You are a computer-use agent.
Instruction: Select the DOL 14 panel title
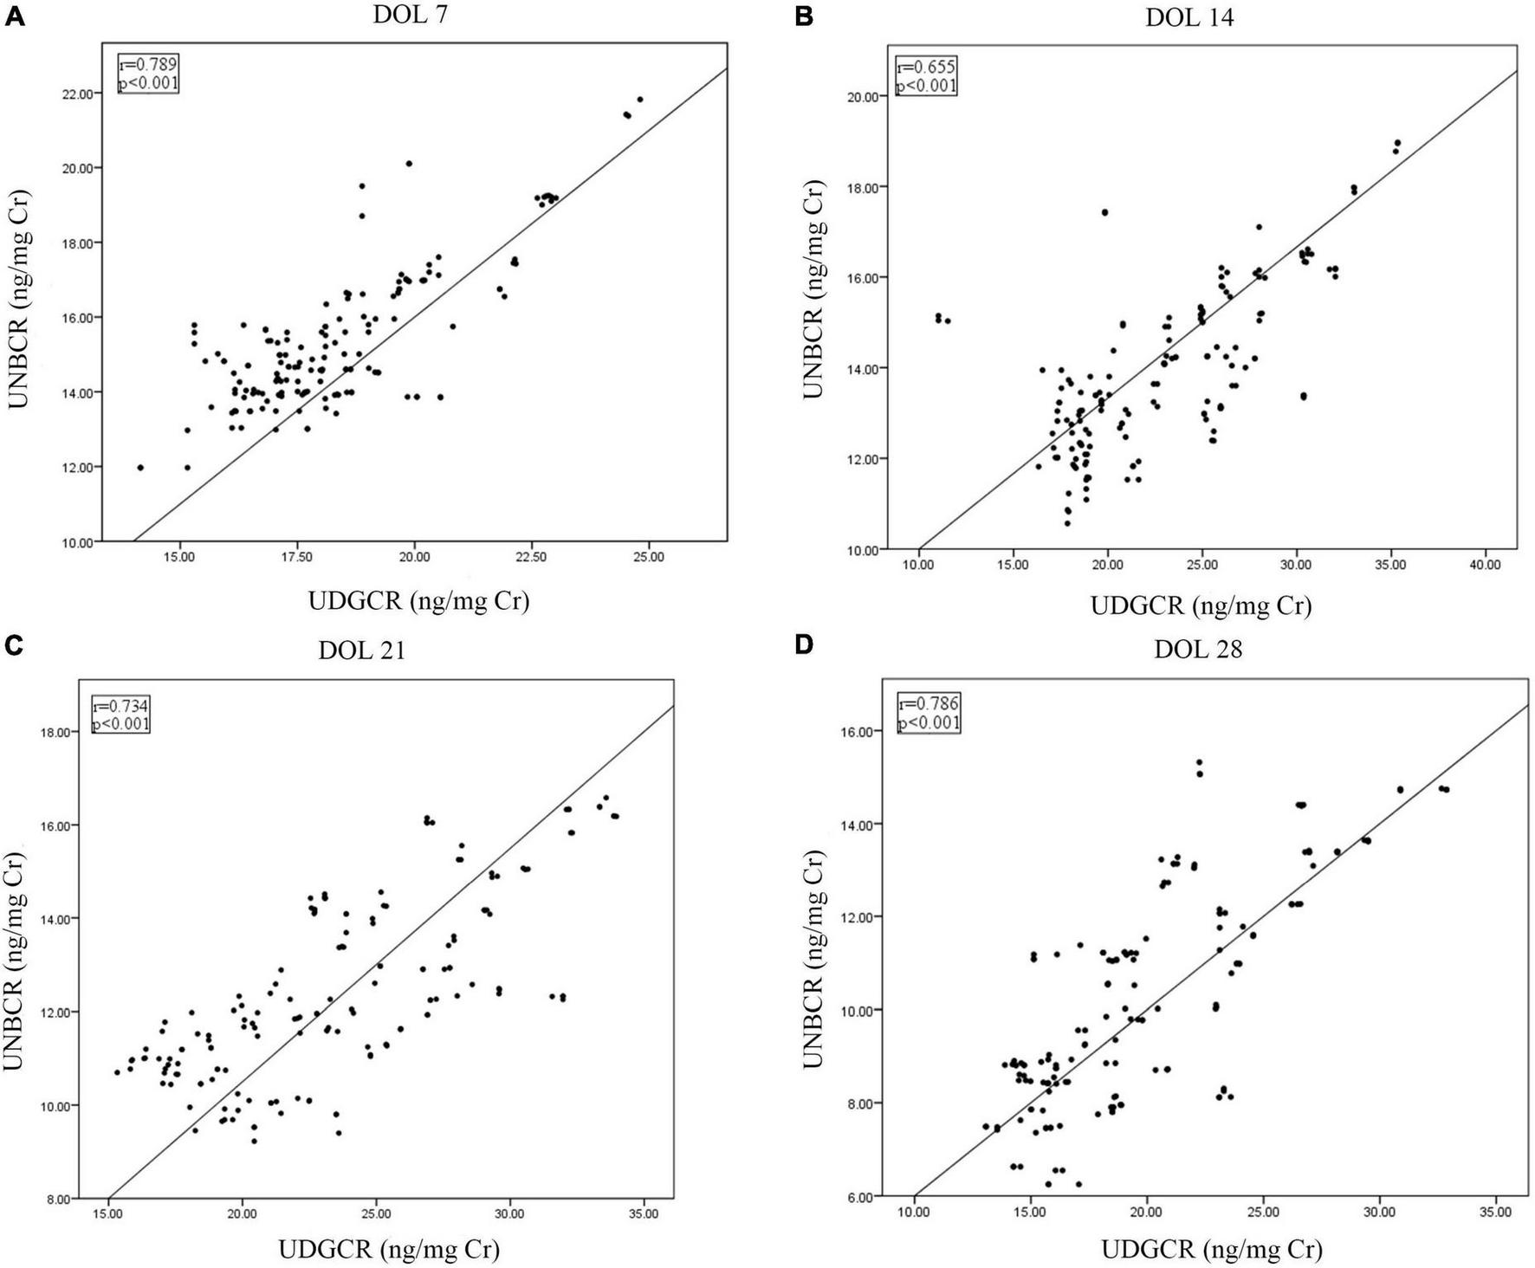tap(1189, 18)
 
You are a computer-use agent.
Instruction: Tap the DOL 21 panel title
tap(361, 650)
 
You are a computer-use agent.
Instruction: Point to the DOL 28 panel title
tap(1198, 650)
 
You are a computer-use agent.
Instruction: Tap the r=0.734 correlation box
tap(121, 715)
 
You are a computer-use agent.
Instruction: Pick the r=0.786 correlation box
tap(929, 713)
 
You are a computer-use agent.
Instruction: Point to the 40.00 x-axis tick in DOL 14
tap(1485, 565)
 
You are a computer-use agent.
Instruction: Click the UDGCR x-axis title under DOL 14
tap(1200, 605)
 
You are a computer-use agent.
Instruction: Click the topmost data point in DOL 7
tap(640, 100)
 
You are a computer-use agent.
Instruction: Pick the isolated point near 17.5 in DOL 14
tap(1104, 212)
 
